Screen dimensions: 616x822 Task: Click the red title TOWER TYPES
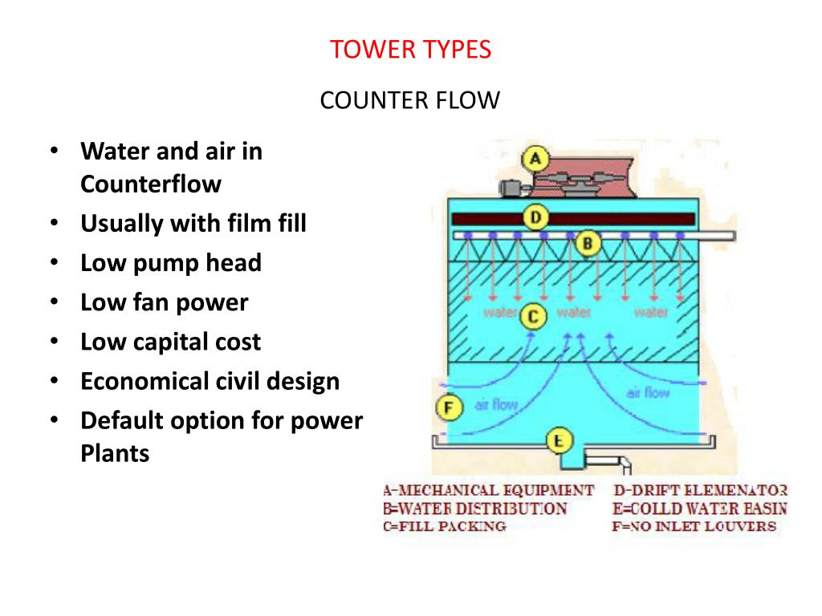pos(410,50)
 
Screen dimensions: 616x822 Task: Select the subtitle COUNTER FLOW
pos(410,101)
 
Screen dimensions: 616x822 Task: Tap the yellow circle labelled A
pos(535,158)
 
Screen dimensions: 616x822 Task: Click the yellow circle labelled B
pos(588,242)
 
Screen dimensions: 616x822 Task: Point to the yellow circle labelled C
pos(533,318)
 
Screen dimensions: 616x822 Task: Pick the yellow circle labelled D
pos(535,217)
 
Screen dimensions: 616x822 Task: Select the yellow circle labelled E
pos(559,440)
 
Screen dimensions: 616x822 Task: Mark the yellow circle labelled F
pos(450,408)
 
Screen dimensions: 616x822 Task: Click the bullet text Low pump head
pos(171,262)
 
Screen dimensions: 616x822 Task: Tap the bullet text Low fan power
pos(165,302)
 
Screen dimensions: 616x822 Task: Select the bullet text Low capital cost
pos(170,342)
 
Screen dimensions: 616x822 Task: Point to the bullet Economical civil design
pos(210,381)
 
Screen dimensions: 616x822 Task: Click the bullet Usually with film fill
pos(193,223)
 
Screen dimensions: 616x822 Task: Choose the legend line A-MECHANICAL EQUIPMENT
pos(489,490)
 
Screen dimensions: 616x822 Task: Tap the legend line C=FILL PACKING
pos(445,527)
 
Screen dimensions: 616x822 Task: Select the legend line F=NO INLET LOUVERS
pos(694,527)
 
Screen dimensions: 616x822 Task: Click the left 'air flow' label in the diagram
pos(496,405)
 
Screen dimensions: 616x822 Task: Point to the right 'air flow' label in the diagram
pos(647,392)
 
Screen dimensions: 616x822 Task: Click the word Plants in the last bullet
pos(115,453)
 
